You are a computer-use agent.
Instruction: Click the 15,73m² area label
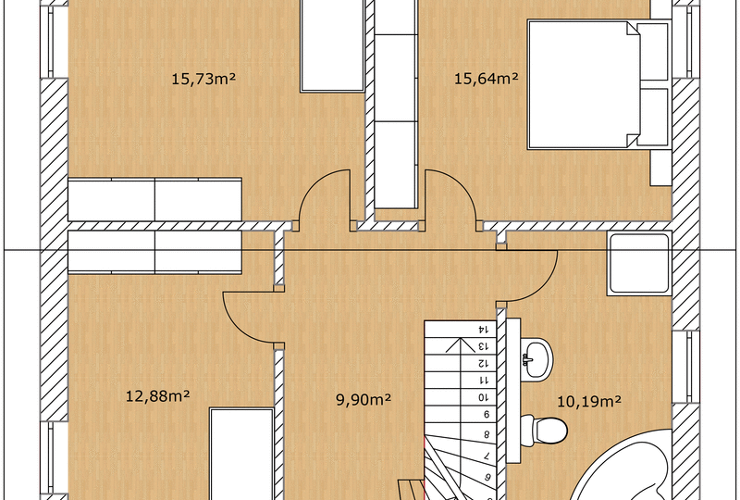coord(203,79)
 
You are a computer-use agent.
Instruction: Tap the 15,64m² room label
coord(487,78)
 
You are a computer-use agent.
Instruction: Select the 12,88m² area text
coord(157,395)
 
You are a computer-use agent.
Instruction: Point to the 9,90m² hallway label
coord(364,400)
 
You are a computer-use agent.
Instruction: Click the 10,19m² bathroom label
coord(589,402)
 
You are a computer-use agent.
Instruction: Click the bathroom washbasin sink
coord(537,357)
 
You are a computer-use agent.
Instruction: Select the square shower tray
coord(639,264)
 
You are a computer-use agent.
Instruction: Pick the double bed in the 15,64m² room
coord(599,84)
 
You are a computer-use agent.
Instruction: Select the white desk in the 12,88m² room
coord(241,454)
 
